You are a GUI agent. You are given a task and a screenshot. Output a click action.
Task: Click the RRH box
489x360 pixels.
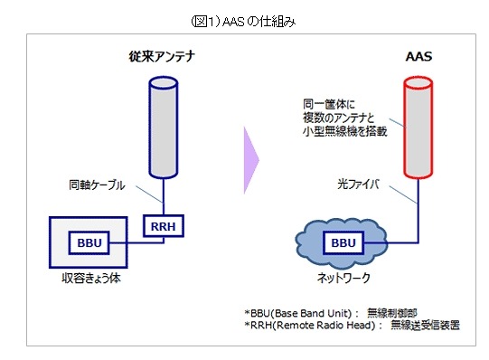point(162,226)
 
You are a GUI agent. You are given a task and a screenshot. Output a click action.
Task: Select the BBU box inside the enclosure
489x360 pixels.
point(88,243)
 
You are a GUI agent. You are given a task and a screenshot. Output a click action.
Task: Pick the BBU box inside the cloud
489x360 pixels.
point(342,243)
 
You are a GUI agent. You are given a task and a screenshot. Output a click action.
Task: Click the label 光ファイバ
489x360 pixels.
point(348,183)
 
